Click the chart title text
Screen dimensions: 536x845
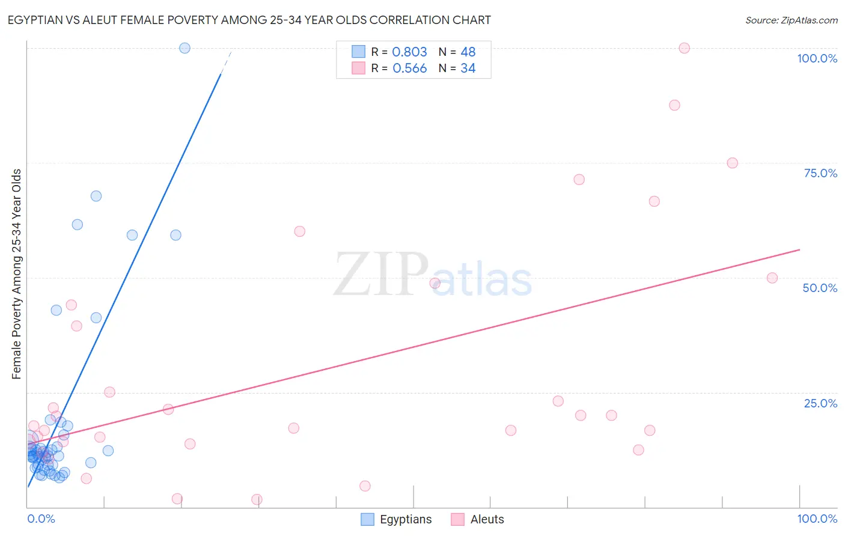tap(249, 20)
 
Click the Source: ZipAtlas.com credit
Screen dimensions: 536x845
tap(791, 20)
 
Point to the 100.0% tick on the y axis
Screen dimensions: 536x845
tap(817, 58)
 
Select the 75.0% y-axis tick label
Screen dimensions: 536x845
tap(820, 173)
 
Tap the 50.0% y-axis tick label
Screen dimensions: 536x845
tap(820, 288)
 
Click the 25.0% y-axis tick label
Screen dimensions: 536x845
tap(820, 403)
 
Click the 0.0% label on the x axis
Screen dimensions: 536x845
tap(41, 519)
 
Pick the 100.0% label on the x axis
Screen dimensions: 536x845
tap(817, 519)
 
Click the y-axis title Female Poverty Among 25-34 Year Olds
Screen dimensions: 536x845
tap(17, 274)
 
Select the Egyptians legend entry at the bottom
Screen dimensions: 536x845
tap(397, 519)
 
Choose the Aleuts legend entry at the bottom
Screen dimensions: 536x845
tap(478, 519)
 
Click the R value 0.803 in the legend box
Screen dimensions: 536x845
tap(409, 52)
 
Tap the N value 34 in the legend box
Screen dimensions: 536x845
tap(468, 69)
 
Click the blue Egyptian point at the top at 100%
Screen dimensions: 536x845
tap(185, 48)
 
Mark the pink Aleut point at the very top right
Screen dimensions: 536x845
tap(684, 48)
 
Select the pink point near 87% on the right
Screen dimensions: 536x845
tap(674, 105)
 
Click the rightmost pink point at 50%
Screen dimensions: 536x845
tap(772, 278)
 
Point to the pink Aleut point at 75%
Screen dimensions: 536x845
tap(732, 163)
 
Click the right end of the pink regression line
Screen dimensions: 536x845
tap(799, 249)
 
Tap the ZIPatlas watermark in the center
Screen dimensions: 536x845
tap(433, 275)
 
